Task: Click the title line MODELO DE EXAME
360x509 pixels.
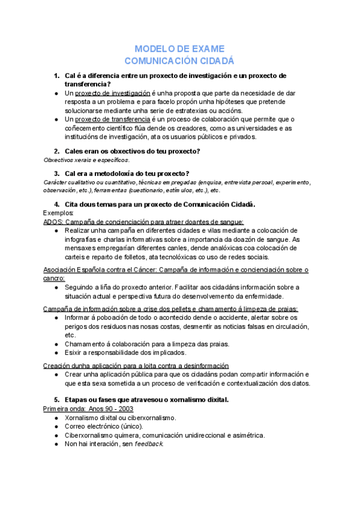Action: point(179,49)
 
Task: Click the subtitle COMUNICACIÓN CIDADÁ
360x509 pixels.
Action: point(179,61)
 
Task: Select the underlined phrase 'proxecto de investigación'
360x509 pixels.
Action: point(112,94)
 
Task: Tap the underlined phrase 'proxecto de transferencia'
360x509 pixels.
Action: point(112,119)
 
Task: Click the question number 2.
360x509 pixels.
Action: point(56,151)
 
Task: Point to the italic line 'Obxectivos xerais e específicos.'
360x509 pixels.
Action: point(86,160)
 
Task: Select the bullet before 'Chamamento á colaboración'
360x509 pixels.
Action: point(55,344)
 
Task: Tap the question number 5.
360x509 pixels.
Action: point(56,399)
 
